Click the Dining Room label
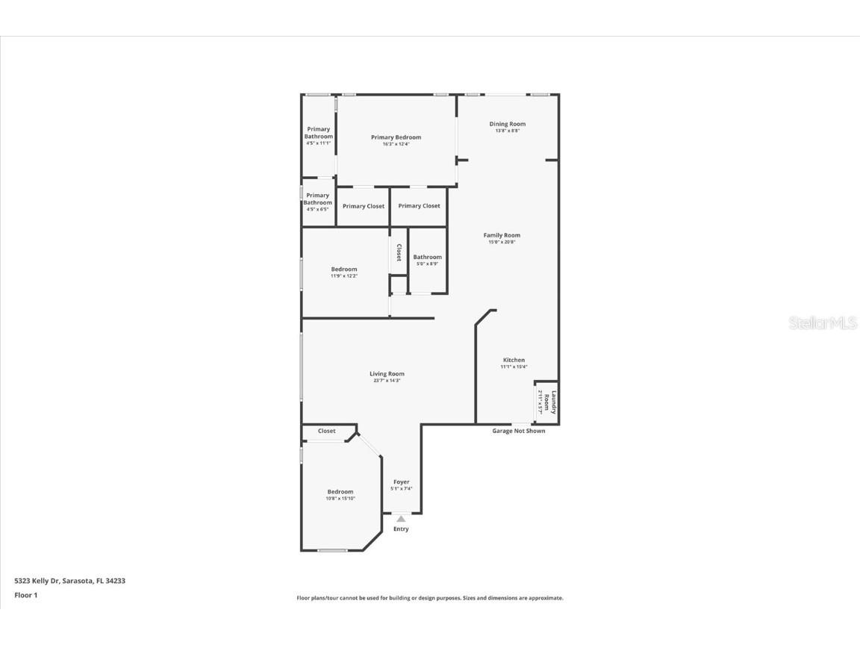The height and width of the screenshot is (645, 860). click(507, 124)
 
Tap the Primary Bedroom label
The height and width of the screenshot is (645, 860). click(396, 137)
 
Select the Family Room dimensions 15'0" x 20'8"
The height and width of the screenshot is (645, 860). click(502, 242)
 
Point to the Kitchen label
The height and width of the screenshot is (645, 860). click(513, 360)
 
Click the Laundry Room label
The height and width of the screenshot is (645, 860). click(549, 403)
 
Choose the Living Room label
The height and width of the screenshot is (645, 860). click(387, 374)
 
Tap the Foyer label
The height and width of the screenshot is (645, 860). click(401, 482)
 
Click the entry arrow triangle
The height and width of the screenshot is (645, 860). click(401, 518)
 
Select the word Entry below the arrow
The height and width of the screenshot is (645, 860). click(401, 529)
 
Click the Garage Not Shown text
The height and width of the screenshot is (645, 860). click(518, 431)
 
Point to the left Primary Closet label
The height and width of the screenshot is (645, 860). click(364, 206)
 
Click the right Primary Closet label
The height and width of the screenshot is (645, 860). click(419, 206)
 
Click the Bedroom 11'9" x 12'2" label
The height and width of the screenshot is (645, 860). click(344, 269)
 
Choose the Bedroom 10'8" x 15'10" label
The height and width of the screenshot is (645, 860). click(340, 492)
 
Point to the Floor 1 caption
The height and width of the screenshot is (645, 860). click(25, 595)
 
